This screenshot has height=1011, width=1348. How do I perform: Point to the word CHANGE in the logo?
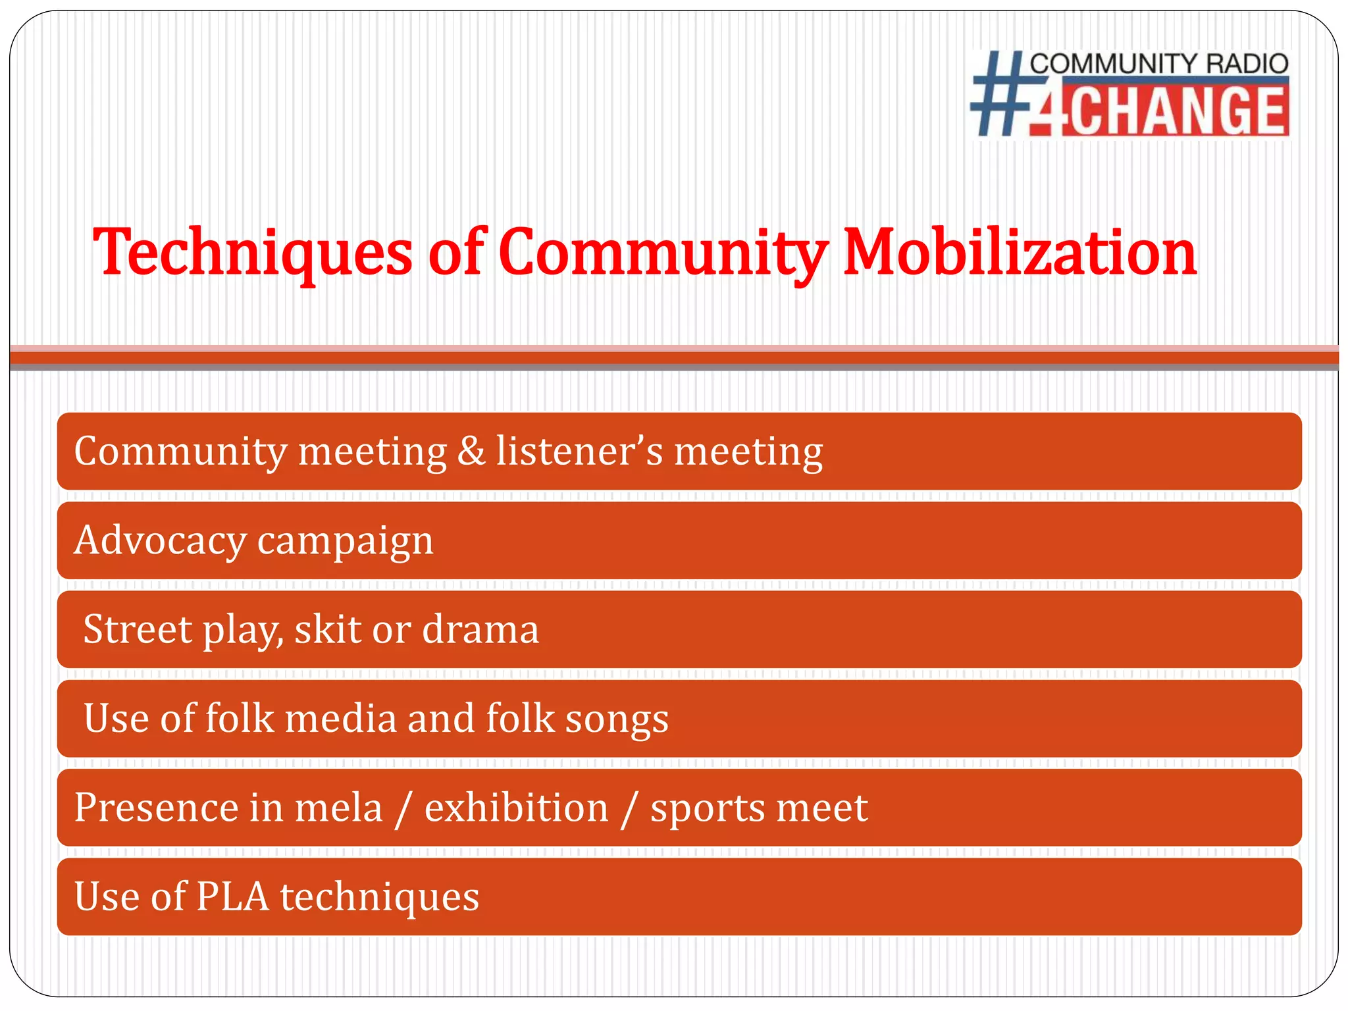(x=1176, y=112)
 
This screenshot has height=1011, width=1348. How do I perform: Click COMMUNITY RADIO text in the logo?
(x=1158, y=64)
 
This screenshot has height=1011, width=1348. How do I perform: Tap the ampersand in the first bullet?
(x=471, y=452)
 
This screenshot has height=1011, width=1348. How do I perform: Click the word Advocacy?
(x=160, y=541)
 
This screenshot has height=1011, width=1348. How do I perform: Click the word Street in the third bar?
(x=138, y=629)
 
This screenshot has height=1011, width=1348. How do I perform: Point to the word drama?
(x=480, y=629)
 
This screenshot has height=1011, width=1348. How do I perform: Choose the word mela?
(x=338, y=808)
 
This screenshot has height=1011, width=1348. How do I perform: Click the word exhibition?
(x=517, y=808)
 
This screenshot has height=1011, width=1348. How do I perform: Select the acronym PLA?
(x=232, y=896)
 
